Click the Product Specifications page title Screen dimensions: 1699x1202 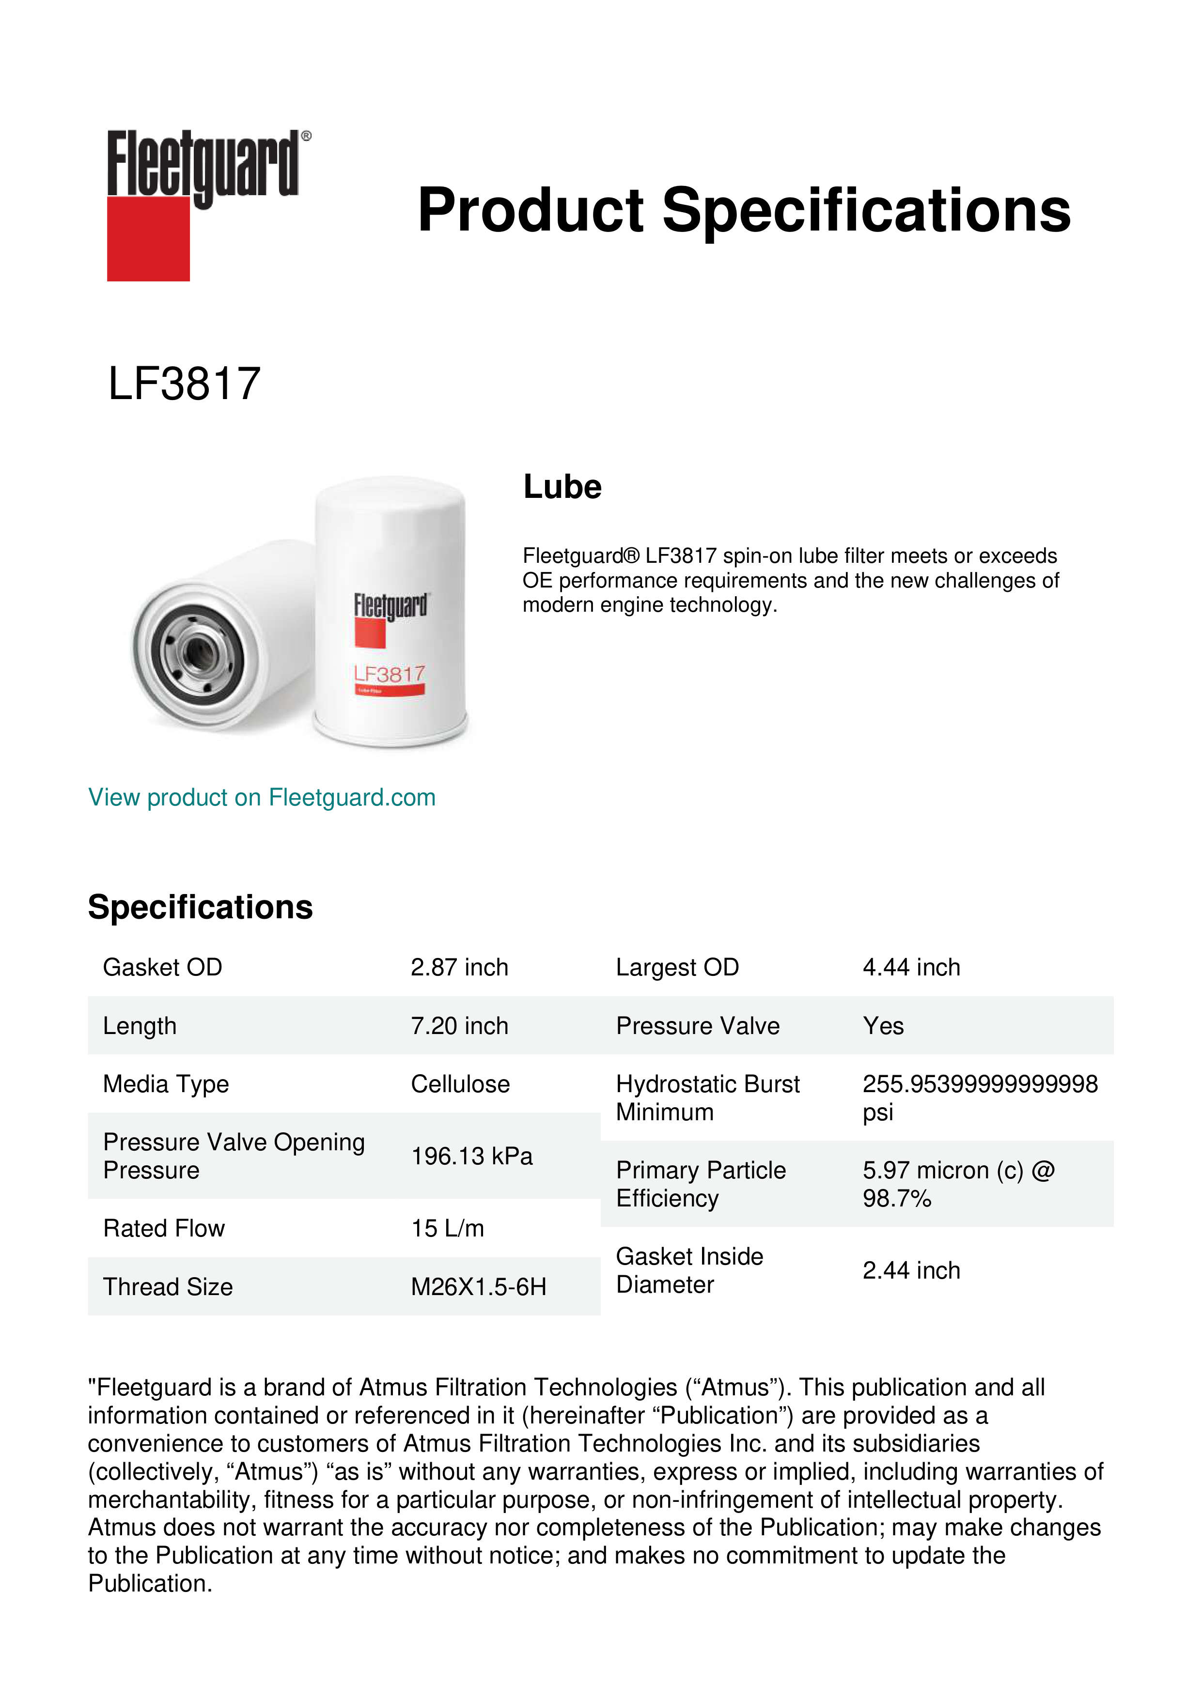point(743,210)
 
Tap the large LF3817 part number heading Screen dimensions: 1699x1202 point(184,384)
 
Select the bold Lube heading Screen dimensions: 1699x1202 point(562,487)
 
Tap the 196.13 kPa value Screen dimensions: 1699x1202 point(471,1156)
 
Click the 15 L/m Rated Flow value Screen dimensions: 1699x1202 point(447,1228)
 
